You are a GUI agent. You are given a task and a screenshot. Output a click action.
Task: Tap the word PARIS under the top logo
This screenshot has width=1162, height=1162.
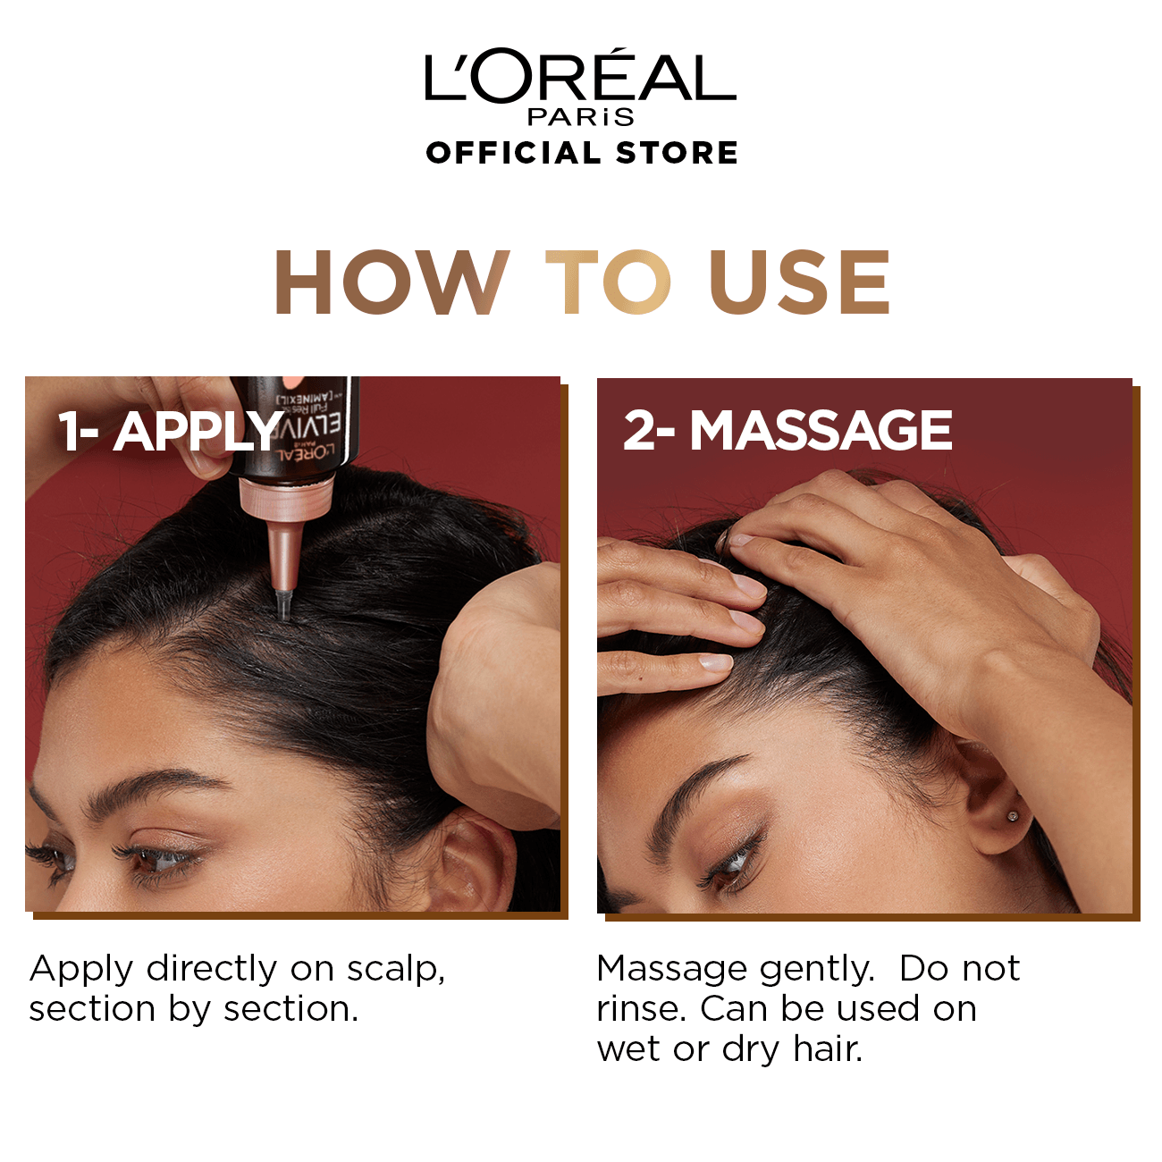[x=581, y=116]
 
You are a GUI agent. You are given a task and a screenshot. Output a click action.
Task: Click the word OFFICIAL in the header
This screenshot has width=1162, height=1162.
[x=513, y=153]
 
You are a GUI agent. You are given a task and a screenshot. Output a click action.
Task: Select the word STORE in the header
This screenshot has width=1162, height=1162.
[x=677, y=153]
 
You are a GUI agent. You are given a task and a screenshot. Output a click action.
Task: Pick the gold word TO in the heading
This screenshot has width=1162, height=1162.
[x=607, y=282]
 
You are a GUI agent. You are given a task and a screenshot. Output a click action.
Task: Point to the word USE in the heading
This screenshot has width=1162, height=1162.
[x=799, y=282]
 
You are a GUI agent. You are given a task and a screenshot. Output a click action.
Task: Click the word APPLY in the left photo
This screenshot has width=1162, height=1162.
[x=198, y=431]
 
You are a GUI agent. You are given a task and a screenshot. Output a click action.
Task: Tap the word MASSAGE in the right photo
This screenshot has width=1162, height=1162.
[x=821, y=431]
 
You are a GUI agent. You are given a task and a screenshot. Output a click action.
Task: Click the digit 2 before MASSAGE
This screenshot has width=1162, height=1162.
[x=638, y=431]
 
